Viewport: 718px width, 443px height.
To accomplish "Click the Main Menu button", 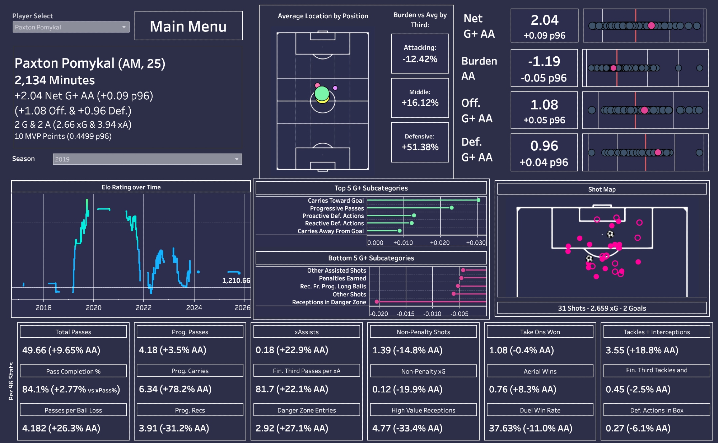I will pos(188,26).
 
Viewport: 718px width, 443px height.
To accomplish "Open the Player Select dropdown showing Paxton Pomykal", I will pos(71,27).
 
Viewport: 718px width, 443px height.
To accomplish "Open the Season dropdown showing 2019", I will pos(147,159).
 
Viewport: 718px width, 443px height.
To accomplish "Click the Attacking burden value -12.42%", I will pos(420,59).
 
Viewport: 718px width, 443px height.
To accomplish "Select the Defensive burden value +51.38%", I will pos(420,147).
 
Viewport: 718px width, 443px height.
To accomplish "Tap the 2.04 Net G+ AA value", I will pos(545,20).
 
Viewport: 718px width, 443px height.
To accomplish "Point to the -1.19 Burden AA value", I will pos(544,61).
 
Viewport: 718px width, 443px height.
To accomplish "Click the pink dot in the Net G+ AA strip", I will pos(651,25).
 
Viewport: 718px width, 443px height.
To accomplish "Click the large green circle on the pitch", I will pos(322,94).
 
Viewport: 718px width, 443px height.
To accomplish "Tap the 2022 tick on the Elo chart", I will pos(144,307).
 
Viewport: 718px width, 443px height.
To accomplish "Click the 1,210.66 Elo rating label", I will pos(236,281).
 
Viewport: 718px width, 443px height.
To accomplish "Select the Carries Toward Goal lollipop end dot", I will pos(478,200).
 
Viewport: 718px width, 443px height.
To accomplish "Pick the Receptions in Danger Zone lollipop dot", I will pos(377,302).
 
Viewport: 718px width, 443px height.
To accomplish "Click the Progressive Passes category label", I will pos(337,208).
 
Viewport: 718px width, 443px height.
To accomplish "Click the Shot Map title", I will pos(602,189).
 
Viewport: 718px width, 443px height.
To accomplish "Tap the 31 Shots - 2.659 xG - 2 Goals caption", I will pos(602,308).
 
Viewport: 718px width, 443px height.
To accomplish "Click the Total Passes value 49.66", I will pos(34,350).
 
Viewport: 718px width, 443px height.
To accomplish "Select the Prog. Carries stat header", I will pos(190,371).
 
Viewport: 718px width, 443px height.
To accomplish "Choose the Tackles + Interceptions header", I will pos(657,332).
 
